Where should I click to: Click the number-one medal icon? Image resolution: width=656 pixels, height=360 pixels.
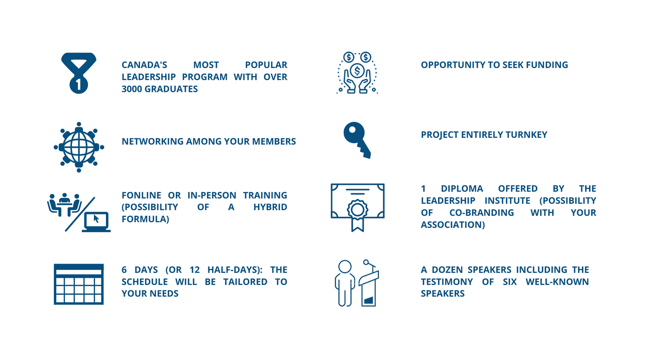[x=79, y=73]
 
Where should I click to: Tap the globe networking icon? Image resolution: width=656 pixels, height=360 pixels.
[x=79, y=147]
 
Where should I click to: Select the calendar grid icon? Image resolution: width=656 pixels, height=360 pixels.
[x=79, y=284]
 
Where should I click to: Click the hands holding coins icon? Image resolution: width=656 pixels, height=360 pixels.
[x=357, y=73]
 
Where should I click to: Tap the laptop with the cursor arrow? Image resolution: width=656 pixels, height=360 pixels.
[x=96, y=222]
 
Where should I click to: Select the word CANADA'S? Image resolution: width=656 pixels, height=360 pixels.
[x=144, y=65]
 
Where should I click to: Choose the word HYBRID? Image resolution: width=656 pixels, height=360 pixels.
[x=270, y=207]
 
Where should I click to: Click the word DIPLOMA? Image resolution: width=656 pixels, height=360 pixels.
[x=462, y=189]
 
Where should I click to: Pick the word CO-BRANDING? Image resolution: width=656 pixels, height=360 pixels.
[x=482, y=213]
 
